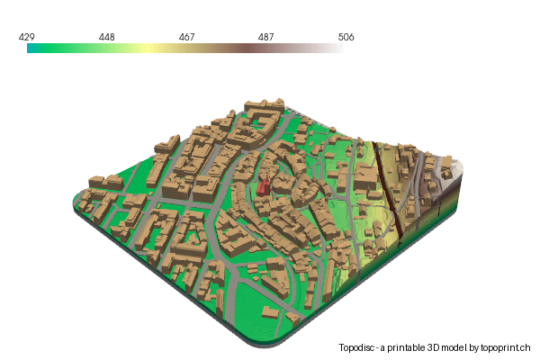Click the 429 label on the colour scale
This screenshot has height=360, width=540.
[x=27, y=38]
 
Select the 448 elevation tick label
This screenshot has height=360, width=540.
[x=106, y=38]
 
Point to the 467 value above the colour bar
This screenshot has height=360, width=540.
[x=186, y=38]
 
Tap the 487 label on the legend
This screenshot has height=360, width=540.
[x=266, y=38]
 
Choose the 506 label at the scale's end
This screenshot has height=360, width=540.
[x=346, y=38]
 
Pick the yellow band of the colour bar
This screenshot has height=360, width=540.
[x=144, y=49]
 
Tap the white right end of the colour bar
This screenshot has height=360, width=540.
[x=338, y=49]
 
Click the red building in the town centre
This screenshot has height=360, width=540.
[x=264, y=186]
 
